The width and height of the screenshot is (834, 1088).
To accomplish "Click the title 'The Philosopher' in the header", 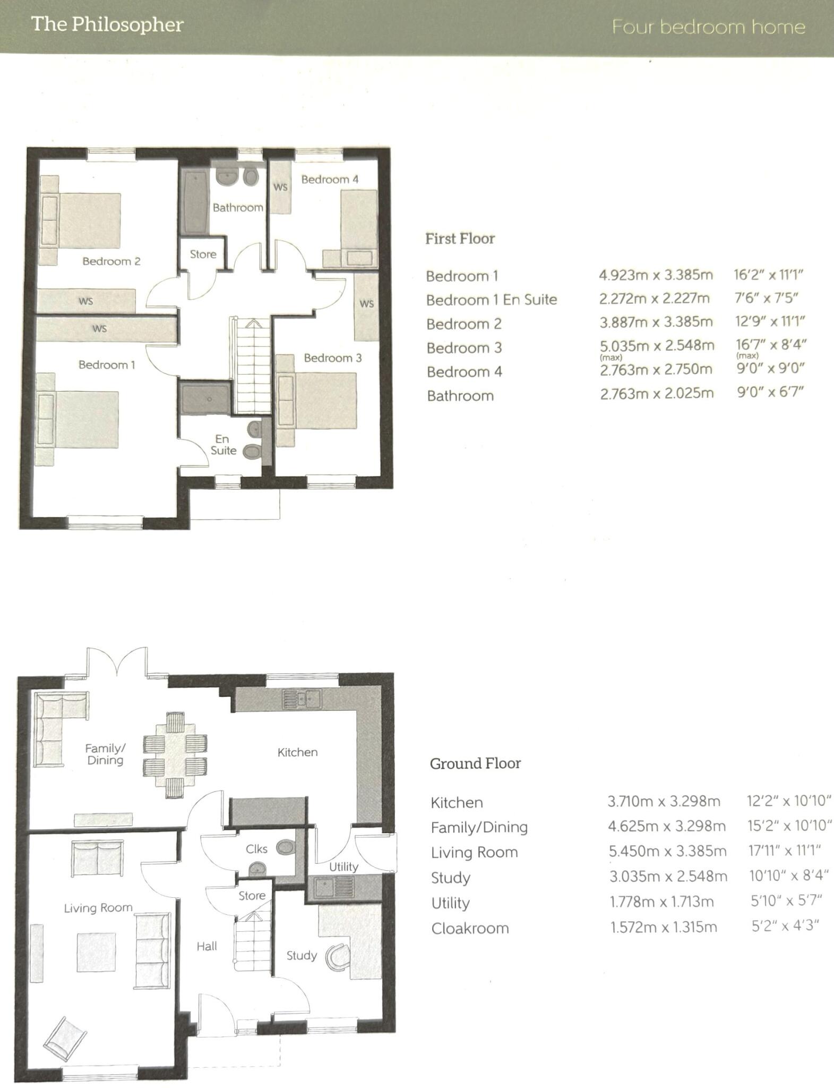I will click(x=107, y=25).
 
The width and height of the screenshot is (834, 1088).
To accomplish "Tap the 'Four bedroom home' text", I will click(x=708, y=27).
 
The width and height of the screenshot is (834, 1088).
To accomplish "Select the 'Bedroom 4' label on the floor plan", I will click(x=330, y=180).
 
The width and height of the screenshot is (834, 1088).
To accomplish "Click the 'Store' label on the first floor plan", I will click(x=203, y=254).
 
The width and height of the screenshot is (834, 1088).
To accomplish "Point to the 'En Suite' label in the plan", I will click(x=223, y=445).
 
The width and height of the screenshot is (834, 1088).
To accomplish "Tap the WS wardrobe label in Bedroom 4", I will click(x=280, y=187).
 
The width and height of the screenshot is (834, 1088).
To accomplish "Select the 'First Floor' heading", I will click(x=460, y=239).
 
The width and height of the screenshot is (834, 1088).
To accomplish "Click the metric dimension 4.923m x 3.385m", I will click(x=656, y=275).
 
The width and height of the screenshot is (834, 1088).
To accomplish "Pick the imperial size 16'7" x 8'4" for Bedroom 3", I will click(x=771, y=345).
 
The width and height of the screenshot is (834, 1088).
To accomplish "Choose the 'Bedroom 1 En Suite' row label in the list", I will click(x=491, y=300).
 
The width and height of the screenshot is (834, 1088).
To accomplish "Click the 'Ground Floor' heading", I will click(x=475, y=763).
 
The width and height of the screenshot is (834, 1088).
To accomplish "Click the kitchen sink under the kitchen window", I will click(x=301, y=699).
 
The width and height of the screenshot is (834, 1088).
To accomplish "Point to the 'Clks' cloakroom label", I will click(x=256, y=849).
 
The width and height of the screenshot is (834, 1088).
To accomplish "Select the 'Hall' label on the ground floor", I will click(x=207, y=946).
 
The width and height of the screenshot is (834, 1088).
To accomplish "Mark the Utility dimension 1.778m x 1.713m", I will click(x=661, y=902).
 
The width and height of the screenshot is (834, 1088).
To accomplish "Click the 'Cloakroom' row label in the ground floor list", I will click(x=470, y=928).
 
